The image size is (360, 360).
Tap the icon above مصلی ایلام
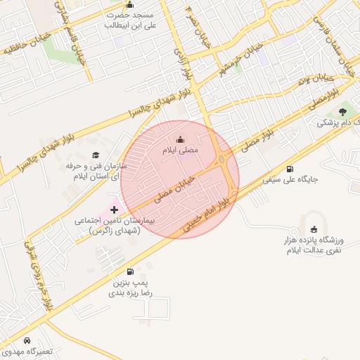click(x=181, y=139)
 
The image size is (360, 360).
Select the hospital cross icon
click(x=115, y=210)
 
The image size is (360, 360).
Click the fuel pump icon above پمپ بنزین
click(x=129, y=272)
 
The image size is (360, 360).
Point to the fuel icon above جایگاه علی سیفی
click(x=290, y=169)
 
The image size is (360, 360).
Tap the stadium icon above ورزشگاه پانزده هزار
click(x=313, y=229)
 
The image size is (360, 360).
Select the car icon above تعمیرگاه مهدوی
click(x=27, y=340)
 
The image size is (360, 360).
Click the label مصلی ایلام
click(x=181, y=150)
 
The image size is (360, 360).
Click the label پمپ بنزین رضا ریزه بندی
click(x=130, y=288)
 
